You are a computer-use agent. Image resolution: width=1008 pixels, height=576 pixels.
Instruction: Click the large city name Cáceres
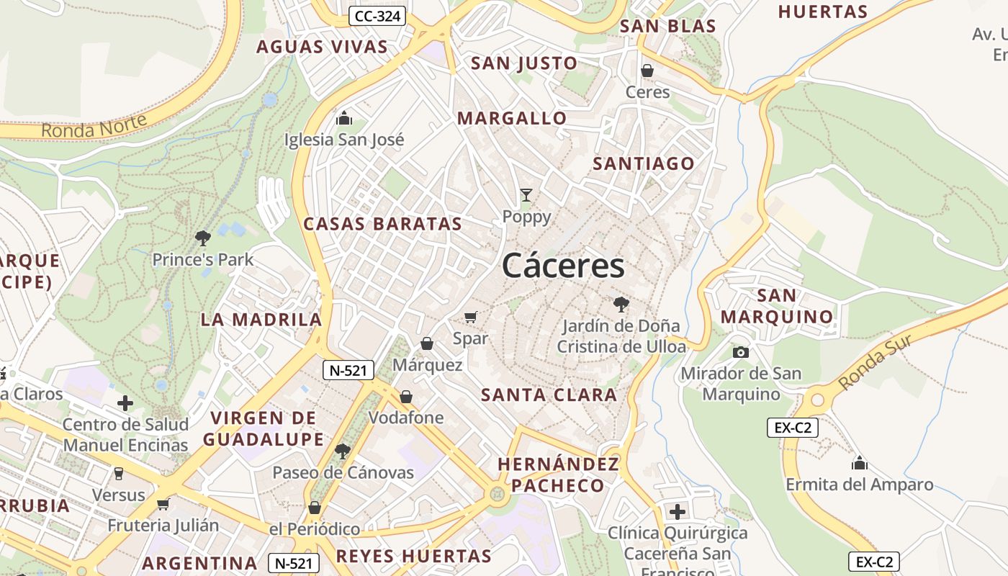[x=563, y=266]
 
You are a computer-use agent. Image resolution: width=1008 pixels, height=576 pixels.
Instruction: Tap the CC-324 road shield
[x=377, y=16]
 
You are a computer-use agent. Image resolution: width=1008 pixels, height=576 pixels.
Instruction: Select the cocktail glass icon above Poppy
[x=526, y=195]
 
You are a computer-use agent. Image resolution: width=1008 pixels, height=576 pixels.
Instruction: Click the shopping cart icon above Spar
[x=471, y=317]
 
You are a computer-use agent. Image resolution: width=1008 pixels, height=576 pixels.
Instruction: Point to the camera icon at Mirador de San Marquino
[x=740, y=352]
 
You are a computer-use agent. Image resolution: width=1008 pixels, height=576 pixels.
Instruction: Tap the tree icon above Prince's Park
[x=203, y=237]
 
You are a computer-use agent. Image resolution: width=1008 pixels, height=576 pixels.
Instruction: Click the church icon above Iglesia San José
[x=344, y=117]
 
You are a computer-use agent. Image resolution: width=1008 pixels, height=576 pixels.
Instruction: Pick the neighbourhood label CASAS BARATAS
[x=382, y=224]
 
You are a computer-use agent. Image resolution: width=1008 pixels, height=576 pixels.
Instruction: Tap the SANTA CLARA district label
[x=549, y=395]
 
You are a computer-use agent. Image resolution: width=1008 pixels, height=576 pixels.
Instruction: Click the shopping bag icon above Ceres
[x=647, y=71]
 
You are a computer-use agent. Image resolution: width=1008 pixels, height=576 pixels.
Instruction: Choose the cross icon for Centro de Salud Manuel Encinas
[x=125, y=402]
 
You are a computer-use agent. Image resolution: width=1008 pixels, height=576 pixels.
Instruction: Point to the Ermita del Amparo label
[x=859, y=485]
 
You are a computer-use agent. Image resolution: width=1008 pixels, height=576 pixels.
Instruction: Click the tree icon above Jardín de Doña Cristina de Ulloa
[x=621, y=304]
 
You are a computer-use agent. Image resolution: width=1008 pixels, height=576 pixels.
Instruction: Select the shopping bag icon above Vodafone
[x=406, y=397]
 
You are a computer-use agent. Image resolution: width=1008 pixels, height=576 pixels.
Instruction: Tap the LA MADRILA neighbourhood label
[x=261, y=320]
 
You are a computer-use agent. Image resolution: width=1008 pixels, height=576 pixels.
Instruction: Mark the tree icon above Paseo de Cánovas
[x=343, y=451]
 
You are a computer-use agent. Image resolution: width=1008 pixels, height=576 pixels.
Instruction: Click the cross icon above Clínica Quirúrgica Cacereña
[x=677, y=512]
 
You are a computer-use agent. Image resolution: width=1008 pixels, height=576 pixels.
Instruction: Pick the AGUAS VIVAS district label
[x=322, y=48]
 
